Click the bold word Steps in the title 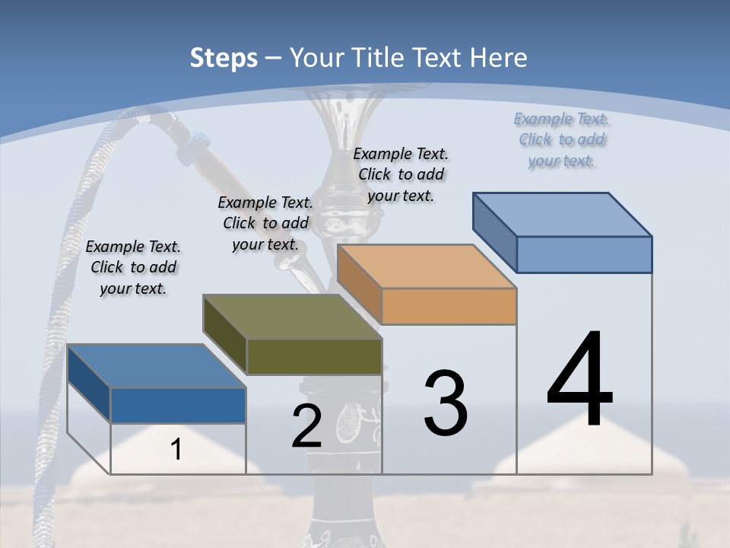pos(224,58)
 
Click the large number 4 pos(579,381)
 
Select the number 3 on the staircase pos(446,403)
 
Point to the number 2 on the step pos(306,426)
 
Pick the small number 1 pos(176,449)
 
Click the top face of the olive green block pos(292,316)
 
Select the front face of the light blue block pos(584,254)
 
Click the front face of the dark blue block pos(178,405)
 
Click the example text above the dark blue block pos(133,267)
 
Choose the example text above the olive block pos(265,223)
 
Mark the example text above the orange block pos(401,174)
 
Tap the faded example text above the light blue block pos(562,139)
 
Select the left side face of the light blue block pos(495,231)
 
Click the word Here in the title pos(499,58)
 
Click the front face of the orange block pos(449,306)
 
